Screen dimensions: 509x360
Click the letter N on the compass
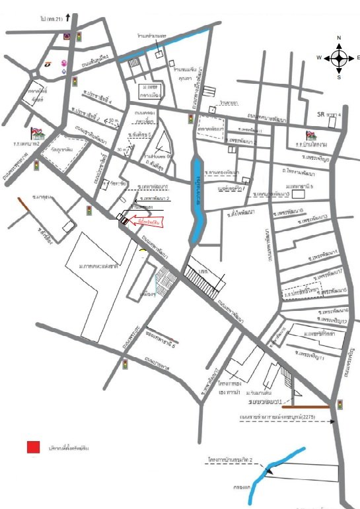pyautogui.click(x=339, y=38)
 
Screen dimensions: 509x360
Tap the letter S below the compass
pyautogui.click(x=339, y=77)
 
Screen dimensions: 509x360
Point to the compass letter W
pyautogui.click(x=318, y=58)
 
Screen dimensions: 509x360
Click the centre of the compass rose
pyautogui.click(x=339, y=58)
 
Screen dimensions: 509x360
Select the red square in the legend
pyautogui.click(x=34, y=447)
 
